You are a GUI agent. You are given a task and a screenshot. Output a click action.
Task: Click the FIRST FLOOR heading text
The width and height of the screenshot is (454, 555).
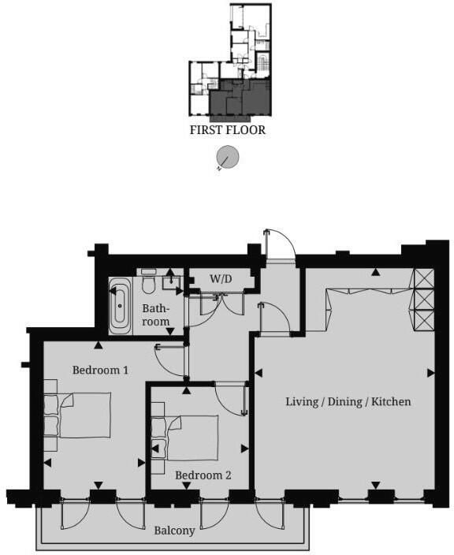coord(227,130)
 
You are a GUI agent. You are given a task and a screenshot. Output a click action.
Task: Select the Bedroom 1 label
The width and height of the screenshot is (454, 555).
coord(100,369)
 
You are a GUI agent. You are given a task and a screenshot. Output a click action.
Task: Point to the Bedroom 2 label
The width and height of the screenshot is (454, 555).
coord(203,475)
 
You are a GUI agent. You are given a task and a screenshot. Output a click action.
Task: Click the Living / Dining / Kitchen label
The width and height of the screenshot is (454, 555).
coord(348,402)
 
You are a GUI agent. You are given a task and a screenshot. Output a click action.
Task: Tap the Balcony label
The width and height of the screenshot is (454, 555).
coord(174,531)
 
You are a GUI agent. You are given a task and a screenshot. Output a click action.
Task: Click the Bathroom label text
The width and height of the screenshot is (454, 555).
coord(155,315)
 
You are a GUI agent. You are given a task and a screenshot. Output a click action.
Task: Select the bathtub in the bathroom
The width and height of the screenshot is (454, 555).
coord(121,304)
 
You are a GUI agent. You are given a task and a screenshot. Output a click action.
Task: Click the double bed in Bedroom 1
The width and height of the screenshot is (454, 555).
coord(84,415)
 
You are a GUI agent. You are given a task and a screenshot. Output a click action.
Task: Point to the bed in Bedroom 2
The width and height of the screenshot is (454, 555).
coord(192,438)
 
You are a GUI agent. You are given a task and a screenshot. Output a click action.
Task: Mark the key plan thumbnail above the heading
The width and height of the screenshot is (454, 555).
coord(230,63)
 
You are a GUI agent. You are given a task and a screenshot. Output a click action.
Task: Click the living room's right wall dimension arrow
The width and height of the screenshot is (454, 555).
coord(430,372)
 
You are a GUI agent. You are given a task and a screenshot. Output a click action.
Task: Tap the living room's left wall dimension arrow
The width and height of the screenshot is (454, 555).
coord(258,372)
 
